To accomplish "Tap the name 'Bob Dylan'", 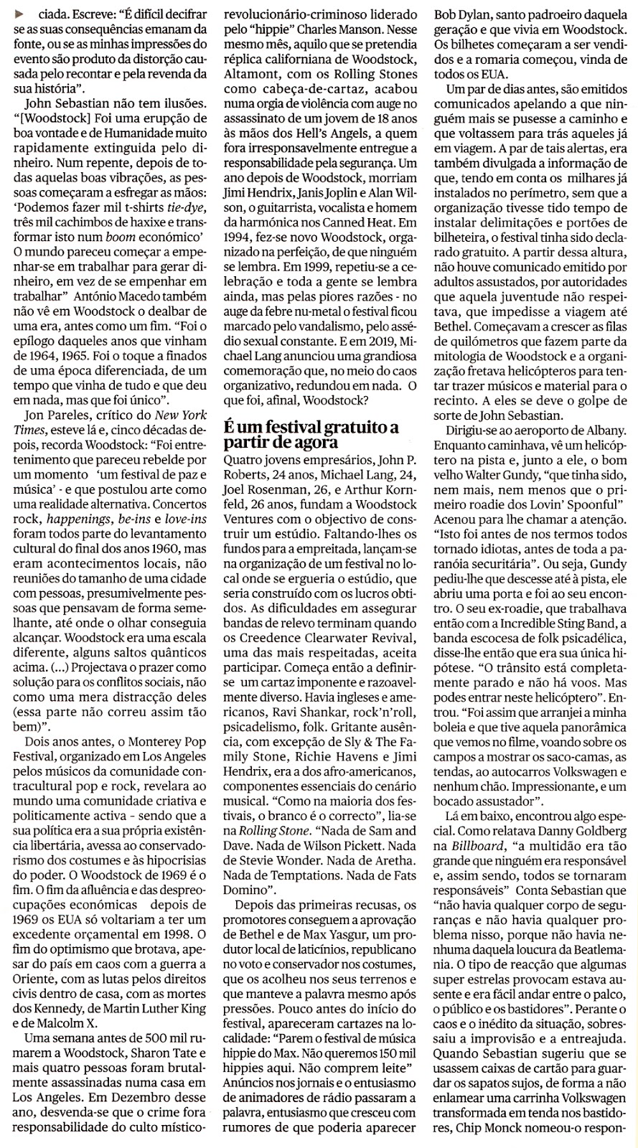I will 459,14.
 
